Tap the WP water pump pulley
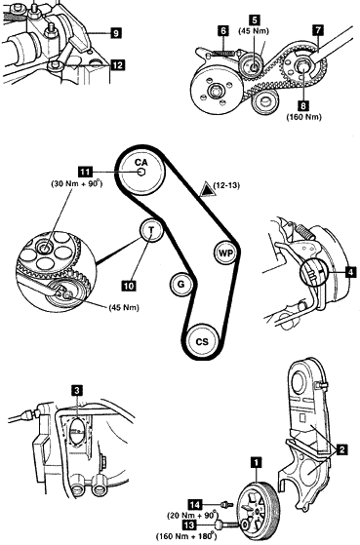point(225,253)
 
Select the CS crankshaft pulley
point(202,341)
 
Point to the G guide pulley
point(180,284)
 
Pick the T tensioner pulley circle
point(151,230)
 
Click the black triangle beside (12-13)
point(207,189)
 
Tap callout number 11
point(85,172)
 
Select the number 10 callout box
point(129,286)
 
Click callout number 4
point(351,272)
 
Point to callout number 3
point(76,390)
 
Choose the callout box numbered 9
point(116,33)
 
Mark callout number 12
point(118,65)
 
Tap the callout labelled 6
point(223,30)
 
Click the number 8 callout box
point(303,105)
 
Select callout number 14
point(195,504)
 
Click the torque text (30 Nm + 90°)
point(77,184)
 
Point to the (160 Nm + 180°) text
point(186,536)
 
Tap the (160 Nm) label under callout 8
point(304,117)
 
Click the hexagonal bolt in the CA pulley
point(140,172)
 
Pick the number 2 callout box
point(342,450)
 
